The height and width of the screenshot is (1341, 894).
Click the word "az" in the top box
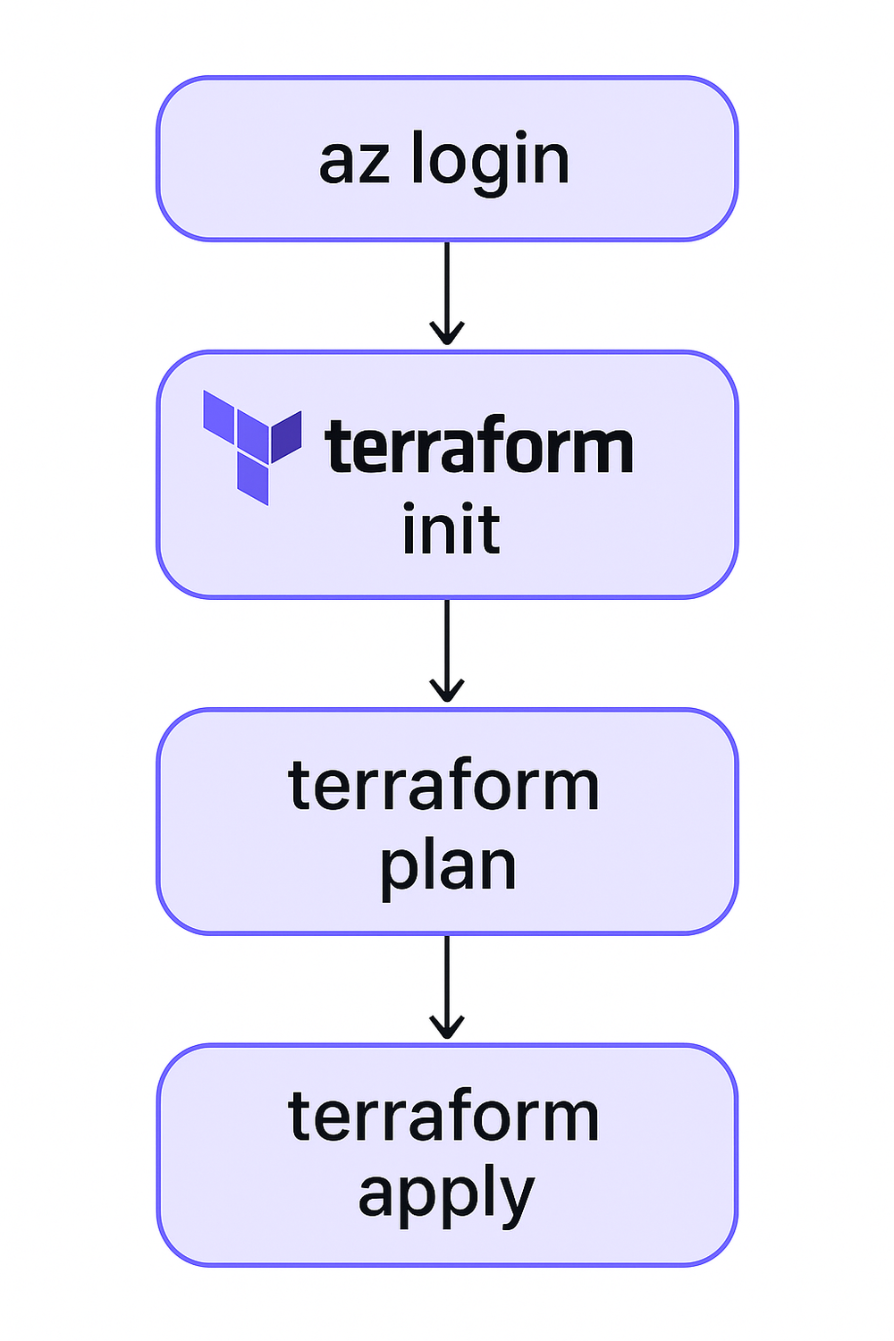pyautogui.click(x=354, y=163)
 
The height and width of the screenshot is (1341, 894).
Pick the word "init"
pyautogui.click(x=450, y=529)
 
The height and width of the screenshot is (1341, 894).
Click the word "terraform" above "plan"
pyautogui.click(x=443, y=787)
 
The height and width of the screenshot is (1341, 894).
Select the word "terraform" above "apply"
pyautogui.click(x=443, y=1117)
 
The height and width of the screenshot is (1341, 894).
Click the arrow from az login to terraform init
pyautogui.click(x=446, y=291)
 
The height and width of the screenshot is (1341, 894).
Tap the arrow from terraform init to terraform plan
pyautogui.click(x=446, y=648)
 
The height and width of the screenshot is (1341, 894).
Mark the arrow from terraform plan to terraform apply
pyautogui.click(x=446, y=983)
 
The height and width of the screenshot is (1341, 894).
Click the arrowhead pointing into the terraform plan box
pyautogui.click(x=446, y=691)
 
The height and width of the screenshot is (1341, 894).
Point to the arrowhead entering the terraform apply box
pyautogui.click(x=446, y=1027)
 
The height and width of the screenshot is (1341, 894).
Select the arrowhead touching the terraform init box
pyautogui.click(x=446, y=334)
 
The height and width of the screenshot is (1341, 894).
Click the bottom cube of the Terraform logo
pyautogui.click(x=253, y=480)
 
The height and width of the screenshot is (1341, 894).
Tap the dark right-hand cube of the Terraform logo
pyautogui.click(x=286, y=437)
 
